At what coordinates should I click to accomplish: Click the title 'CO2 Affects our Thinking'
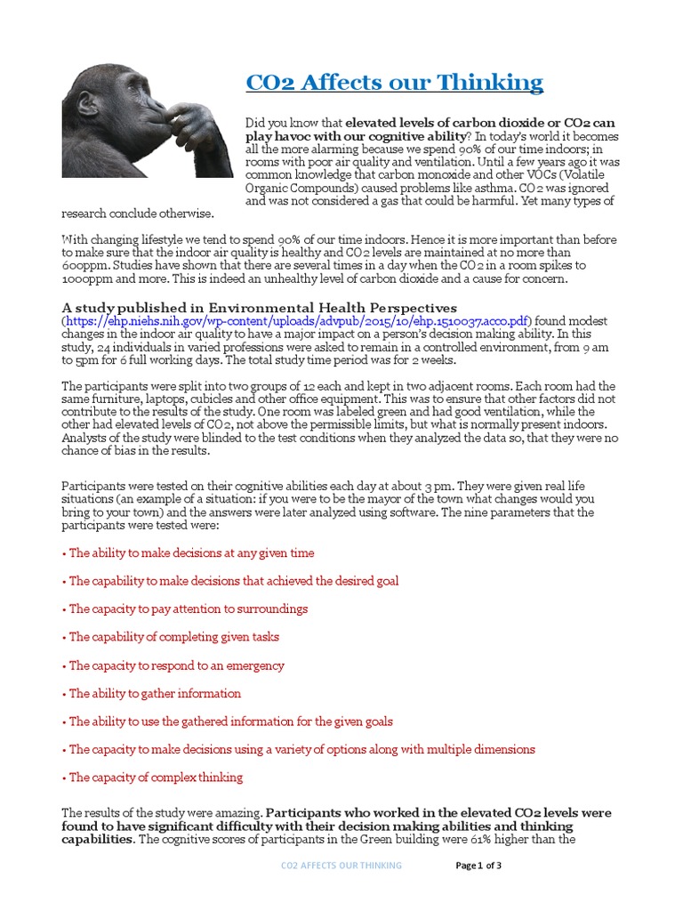pyautogui.click(x=394, y=84)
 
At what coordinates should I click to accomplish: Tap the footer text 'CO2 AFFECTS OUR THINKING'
pyautogui.click(x=341, y=866)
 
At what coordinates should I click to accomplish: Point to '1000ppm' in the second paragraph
pyautogui.click(x=85, y=279)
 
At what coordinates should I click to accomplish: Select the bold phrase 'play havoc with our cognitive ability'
pyautogui.click(x=357, y=135)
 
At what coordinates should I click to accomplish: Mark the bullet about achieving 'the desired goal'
pyautogui.click(x=233, y=581)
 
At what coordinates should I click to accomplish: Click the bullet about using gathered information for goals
pyautogui.click(x=230, y=722)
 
